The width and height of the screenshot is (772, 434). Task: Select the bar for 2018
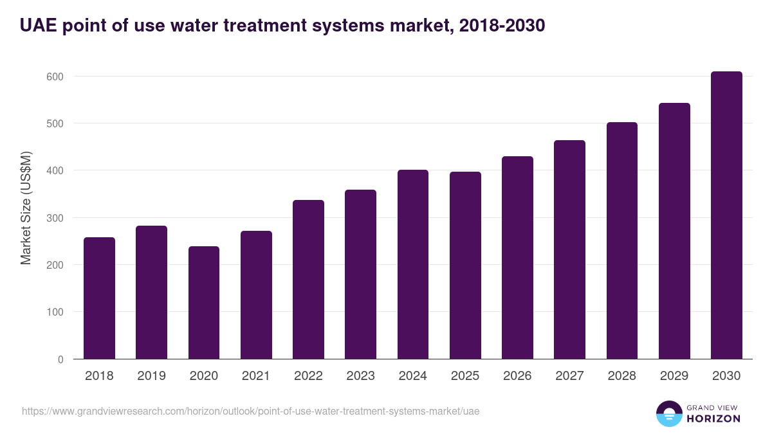99,298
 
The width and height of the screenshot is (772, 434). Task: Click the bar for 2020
204,303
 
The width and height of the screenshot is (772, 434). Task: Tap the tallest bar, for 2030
726,215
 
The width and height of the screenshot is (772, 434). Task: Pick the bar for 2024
413,264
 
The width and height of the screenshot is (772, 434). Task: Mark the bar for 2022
308,280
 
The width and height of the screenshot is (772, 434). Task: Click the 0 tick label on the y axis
60,359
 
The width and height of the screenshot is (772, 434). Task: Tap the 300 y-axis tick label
55,218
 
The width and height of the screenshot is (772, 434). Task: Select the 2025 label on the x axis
465,376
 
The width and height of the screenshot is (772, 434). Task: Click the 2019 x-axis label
152,376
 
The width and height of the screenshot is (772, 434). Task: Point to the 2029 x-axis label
674,376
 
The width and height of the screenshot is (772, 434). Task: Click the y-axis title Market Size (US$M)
26,208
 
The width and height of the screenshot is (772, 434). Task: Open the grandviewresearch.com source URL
250,411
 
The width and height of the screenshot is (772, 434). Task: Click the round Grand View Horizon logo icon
668,413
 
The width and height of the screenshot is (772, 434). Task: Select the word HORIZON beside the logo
713,419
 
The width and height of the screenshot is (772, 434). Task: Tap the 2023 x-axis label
360,376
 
